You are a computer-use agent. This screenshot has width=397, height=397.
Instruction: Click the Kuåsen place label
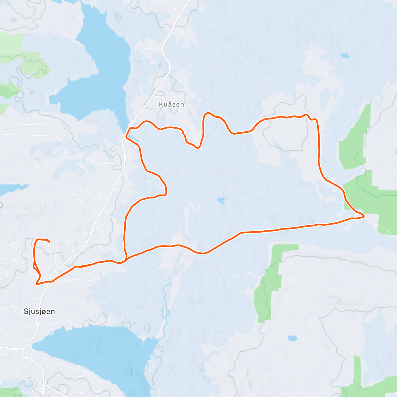[171, 104]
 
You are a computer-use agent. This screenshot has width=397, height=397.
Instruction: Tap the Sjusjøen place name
[39, 311]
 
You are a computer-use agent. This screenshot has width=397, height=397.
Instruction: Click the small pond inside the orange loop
[221, 200]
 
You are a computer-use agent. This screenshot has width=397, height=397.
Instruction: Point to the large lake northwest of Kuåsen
[99, 73]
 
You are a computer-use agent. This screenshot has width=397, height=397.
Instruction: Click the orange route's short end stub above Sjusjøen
[49, 242]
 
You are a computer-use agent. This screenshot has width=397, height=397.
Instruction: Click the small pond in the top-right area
[345, 56]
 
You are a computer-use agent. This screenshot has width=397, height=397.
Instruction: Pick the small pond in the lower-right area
[292, 338]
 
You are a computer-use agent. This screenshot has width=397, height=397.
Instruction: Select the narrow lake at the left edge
[12, 189]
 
